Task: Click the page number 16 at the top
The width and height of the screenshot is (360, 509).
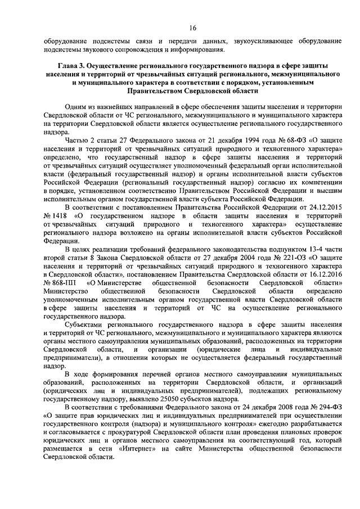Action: (192, 28)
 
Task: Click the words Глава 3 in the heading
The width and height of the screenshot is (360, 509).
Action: (60, 66)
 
